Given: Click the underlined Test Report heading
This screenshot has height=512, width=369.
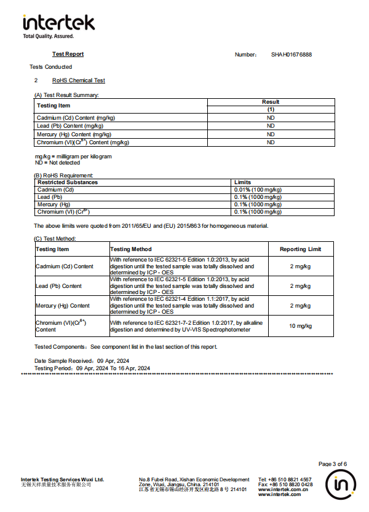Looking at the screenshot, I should click(68, 54).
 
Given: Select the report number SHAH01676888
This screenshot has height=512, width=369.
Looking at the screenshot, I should click(291, 55).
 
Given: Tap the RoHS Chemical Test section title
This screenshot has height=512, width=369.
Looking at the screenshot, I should click(78, 80).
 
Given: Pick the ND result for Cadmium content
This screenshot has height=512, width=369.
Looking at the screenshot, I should click(270, 117).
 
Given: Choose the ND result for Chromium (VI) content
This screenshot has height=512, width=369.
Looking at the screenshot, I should click(270, 142).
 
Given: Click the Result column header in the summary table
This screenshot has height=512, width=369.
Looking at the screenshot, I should click(270, 102).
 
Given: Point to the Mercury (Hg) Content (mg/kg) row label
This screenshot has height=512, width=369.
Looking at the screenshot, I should click(74, 134).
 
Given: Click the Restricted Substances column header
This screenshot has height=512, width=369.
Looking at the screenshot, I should click(68, 182).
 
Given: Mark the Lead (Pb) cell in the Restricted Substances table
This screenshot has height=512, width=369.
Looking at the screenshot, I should click(50, 197).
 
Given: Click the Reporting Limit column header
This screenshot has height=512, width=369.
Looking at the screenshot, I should click(300, 249).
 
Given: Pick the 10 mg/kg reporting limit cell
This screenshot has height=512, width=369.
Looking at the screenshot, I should click(300, 326).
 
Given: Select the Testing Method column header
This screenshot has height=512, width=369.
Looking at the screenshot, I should click(130, 249).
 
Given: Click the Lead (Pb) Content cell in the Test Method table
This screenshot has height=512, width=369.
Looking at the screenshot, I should click(58, 286).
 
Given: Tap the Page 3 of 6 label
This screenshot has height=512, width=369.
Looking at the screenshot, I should click(332, 464).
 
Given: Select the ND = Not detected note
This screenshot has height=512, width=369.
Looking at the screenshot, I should click(57, 163).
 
